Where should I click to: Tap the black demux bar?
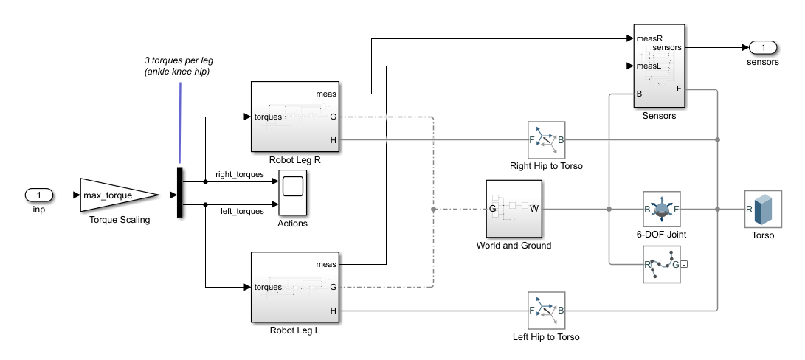179,193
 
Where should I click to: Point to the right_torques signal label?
239,175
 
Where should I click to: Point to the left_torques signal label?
242,212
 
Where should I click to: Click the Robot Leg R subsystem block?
294,116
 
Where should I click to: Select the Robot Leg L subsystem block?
294,287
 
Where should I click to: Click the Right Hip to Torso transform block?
546,140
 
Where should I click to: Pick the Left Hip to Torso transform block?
546,311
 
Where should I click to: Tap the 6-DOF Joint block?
661,210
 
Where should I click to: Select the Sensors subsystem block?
660,66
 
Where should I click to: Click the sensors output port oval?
762,48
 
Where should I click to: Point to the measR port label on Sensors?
649,38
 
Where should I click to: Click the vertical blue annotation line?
179,122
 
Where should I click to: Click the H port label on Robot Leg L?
334,311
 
